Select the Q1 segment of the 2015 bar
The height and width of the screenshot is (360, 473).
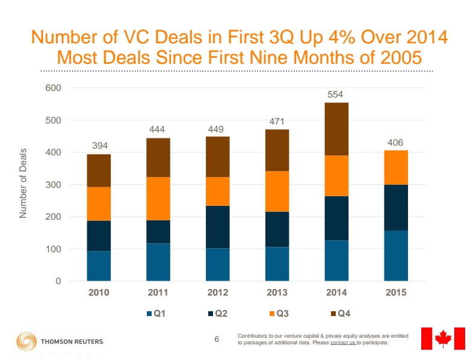(x=396, y=255)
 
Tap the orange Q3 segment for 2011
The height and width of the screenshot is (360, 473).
(x=158, y=198)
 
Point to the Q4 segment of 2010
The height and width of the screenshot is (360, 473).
(x=99, y=170)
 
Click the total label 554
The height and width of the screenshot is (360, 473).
(x=336, y=95)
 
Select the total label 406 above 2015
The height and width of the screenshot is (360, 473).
(x=396, y=143)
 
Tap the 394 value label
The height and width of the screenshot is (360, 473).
(x=99, y=146)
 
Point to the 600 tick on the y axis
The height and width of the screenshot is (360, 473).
(x=54, y=88)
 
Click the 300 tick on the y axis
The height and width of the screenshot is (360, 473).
(x=54, y=185)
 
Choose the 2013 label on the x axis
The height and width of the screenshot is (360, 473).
(x=277, y=293)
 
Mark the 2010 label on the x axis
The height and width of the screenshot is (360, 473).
(x=99, y=293)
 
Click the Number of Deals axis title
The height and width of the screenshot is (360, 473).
(x=23, y=182)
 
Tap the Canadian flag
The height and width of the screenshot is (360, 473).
(x=443, y=338)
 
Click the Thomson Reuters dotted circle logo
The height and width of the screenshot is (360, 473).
(x=26, y=341)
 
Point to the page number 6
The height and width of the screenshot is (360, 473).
(x=217, y=340)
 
